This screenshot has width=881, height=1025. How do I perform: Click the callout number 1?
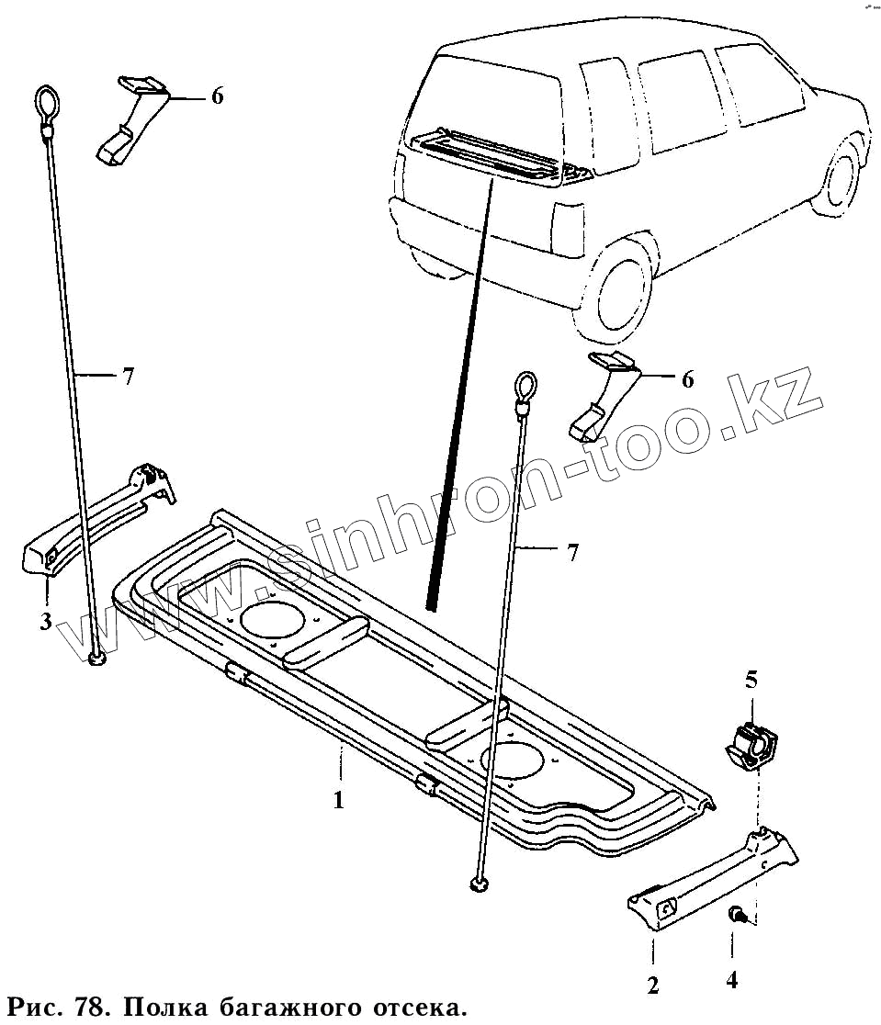pyautogui.click(x=338, y=800)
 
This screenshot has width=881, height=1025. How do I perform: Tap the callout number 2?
pyautogui.click(x=652, y=986)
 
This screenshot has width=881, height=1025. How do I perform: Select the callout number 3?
pyautogui.click(x=45, y=622)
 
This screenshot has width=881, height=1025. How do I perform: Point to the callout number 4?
pyautogui.click(x=732, y=981)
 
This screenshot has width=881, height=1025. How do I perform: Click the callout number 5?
pyautogui.click(x=751, y=681)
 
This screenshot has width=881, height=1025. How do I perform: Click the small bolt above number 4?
pyautogui.click(x=736, y=913)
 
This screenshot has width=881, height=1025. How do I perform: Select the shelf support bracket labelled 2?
pyautogui.click(x=712, y=874)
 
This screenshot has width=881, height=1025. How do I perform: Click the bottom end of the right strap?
pyautogui.click(x=479, y=883)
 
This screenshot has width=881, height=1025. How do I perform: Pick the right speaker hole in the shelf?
pyautogui.click(x=514, y=760)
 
